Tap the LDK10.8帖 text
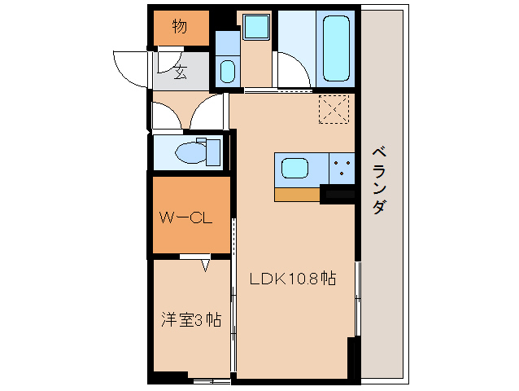[293, 278]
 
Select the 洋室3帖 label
[190, 319]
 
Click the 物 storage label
[179, 27]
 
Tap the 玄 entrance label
[180, 72]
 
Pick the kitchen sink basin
[294, 169]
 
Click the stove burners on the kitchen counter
[342, 169]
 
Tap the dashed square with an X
[333, 109]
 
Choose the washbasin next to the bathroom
[227, 71]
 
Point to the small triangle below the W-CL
[206, 264]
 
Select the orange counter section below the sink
[297, 194]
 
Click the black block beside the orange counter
[338, 194]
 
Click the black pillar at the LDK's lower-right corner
[353, 358]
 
